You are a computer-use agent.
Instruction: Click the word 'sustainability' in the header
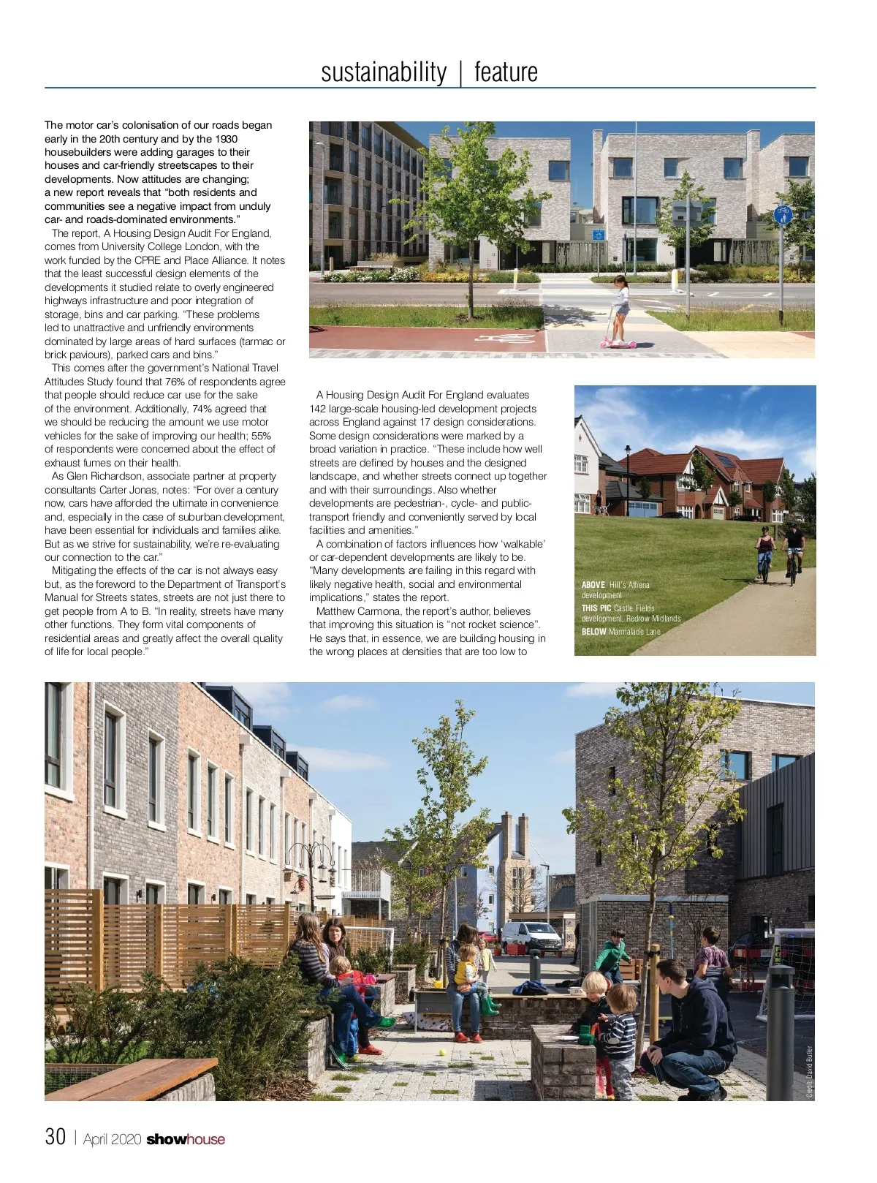[x=384, y=72]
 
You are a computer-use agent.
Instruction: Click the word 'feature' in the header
[x=506, y=72]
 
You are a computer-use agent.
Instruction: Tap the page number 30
[x=56, y=1137]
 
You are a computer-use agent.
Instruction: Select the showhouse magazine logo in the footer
[x=186, y=1139]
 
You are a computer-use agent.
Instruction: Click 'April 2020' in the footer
[x=113, y=1139]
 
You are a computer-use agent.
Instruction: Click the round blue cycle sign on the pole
[x=782, y=215]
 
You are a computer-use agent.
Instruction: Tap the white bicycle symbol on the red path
[x=505, y=339]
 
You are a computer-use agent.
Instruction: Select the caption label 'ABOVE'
[x=593, y=585]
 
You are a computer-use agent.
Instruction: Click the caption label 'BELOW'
[x=594, y=632]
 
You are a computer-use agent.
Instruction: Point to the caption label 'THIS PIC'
[x=596, y=608]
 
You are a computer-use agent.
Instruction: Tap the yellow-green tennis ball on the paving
[x=441, y=1053]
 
